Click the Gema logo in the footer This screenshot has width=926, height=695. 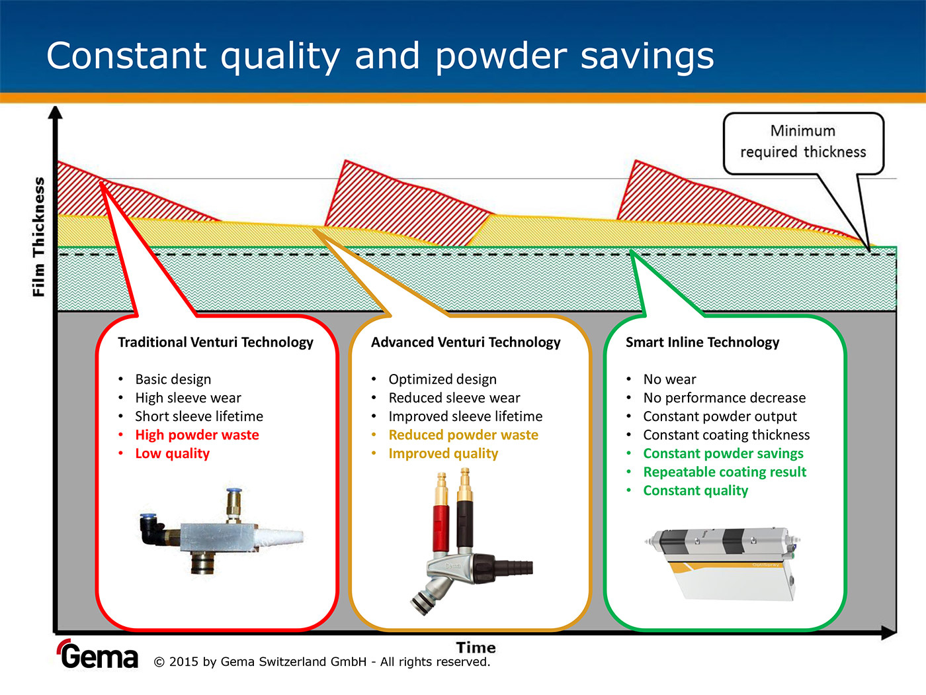tap(99, 655)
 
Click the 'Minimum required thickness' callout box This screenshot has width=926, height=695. tap(803, 142)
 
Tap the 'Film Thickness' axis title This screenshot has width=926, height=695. tap(39, 236)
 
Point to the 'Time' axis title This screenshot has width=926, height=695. tap(476, 647)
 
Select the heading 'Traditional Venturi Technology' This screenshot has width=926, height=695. tap(216, 342)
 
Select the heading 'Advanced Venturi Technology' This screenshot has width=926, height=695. tap(466, 342)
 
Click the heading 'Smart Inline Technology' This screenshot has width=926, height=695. tap(702, 342)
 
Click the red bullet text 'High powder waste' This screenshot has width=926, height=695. tap(197, 435)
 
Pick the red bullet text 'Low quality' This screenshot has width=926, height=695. tap(173, 453)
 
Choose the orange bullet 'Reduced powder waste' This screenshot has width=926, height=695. tap(464, 435)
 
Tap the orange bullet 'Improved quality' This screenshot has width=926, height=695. tap(443, 453)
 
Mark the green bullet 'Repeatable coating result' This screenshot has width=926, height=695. tap(725, 472)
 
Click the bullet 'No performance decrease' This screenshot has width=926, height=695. tap(724, 398)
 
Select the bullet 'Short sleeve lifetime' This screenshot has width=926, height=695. tap(199, 416)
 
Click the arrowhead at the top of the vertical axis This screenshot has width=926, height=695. tap(56, 113)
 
